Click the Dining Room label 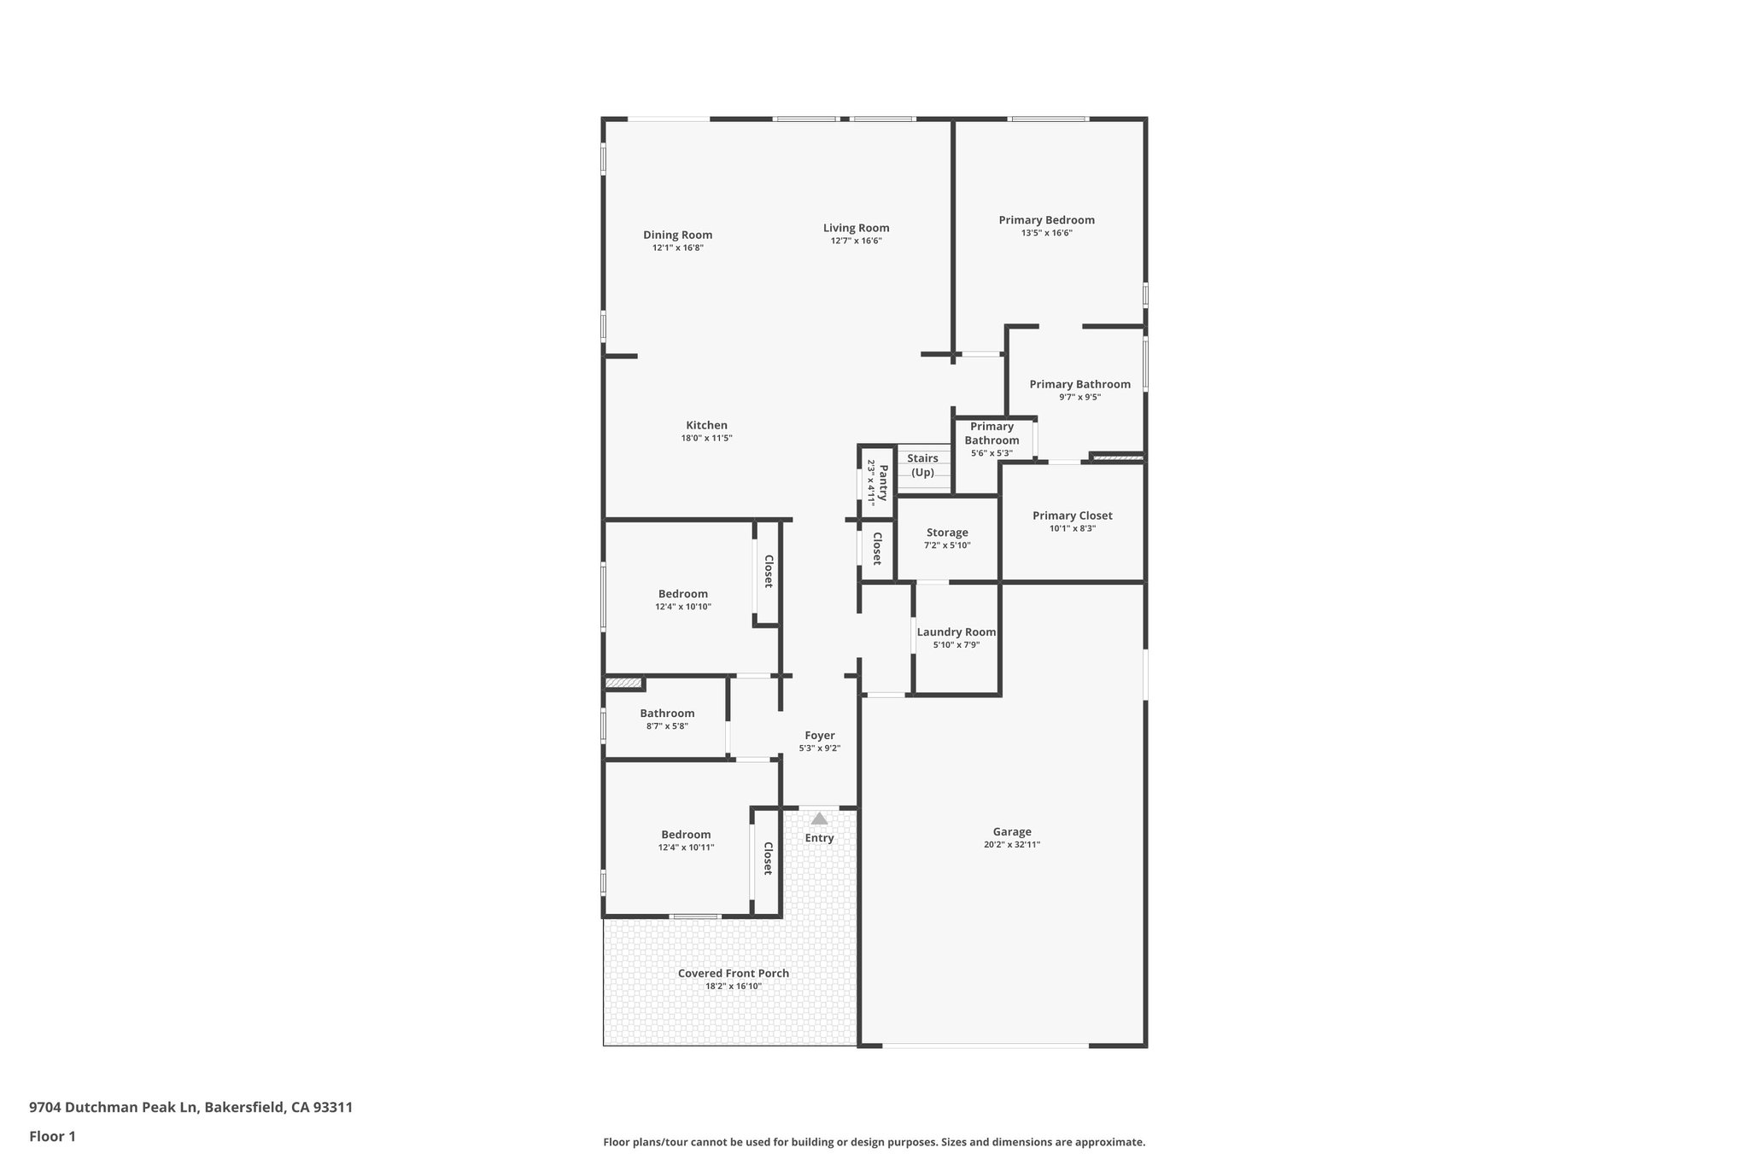pyautogui.click(x=677, y=236)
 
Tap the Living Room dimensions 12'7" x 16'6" pyautogui.click(x=856, y=242)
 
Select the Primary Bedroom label pyautogui.click(x=1046, y=220)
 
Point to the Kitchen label pyautogui.click(x=706, y=426)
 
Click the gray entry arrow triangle pyautogui.click(x=819, y=818)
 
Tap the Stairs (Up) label pyautogui.click(x=922, y=465)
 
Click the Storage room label pyautogui.click(x=947, y=533)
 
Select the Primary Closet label pyautogui.click(x=1072, y=516)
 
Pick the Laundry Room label pyautogui.click(x=956, y=632)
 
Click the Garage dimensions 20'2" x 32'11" pyautogui.click(x=1011, y=845)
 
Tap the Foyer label pyautogui.click(x=819, y=736)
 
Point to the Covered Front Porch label pyautogui.click(x=733, y=973)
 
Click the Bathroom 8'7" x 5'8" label pyautogui.click(x=667, y=714)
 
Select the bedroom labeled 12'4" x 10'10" pyautogui.click(x=682, y=594)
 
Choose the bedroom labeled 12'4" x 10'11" pyautogui.click(x=685, y=835)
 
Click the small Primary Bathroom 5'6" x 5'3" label pyautogui.click(x=991, y=434)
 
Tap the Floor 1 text pyautogui.click(x=52, y=1136)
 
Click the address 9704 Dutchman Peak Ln pyautogui.click(x=190, y=1108)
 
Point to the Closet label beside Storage pyautogui.click(x=877, y=549)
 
